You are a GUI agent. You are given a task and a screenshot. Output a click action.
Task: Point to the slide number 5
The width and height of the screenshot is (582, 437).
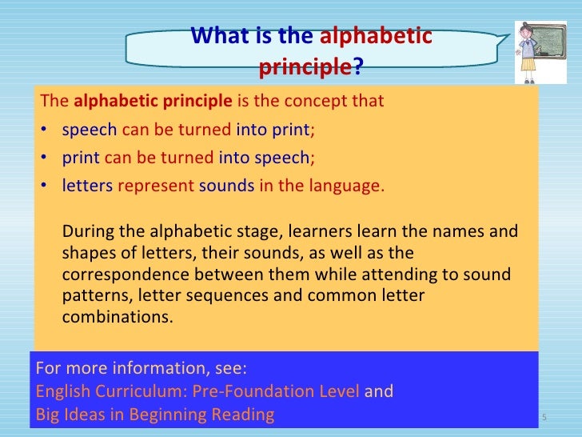(x=544, y=418)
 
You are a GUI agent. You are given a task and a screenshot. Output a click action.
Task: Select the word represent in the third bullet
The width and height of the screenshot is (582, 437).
(x=156, y=186)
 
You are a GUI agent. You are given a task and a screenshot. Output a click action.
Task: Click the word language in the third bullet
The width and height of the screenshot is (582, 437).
(x=347, y=186)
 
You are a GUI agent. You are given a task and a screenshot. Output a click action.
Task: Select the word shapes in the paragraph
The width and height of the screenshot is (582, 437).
(x=84, y=254)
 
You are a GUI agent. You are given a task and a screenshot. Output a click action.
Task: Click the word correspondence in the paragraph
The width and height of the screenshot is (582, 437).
(x=117, y=275)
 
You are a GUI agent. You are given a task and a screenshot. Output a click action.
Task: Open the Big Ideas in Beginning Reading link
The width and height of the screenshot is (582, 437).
(x=155, y=415)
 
